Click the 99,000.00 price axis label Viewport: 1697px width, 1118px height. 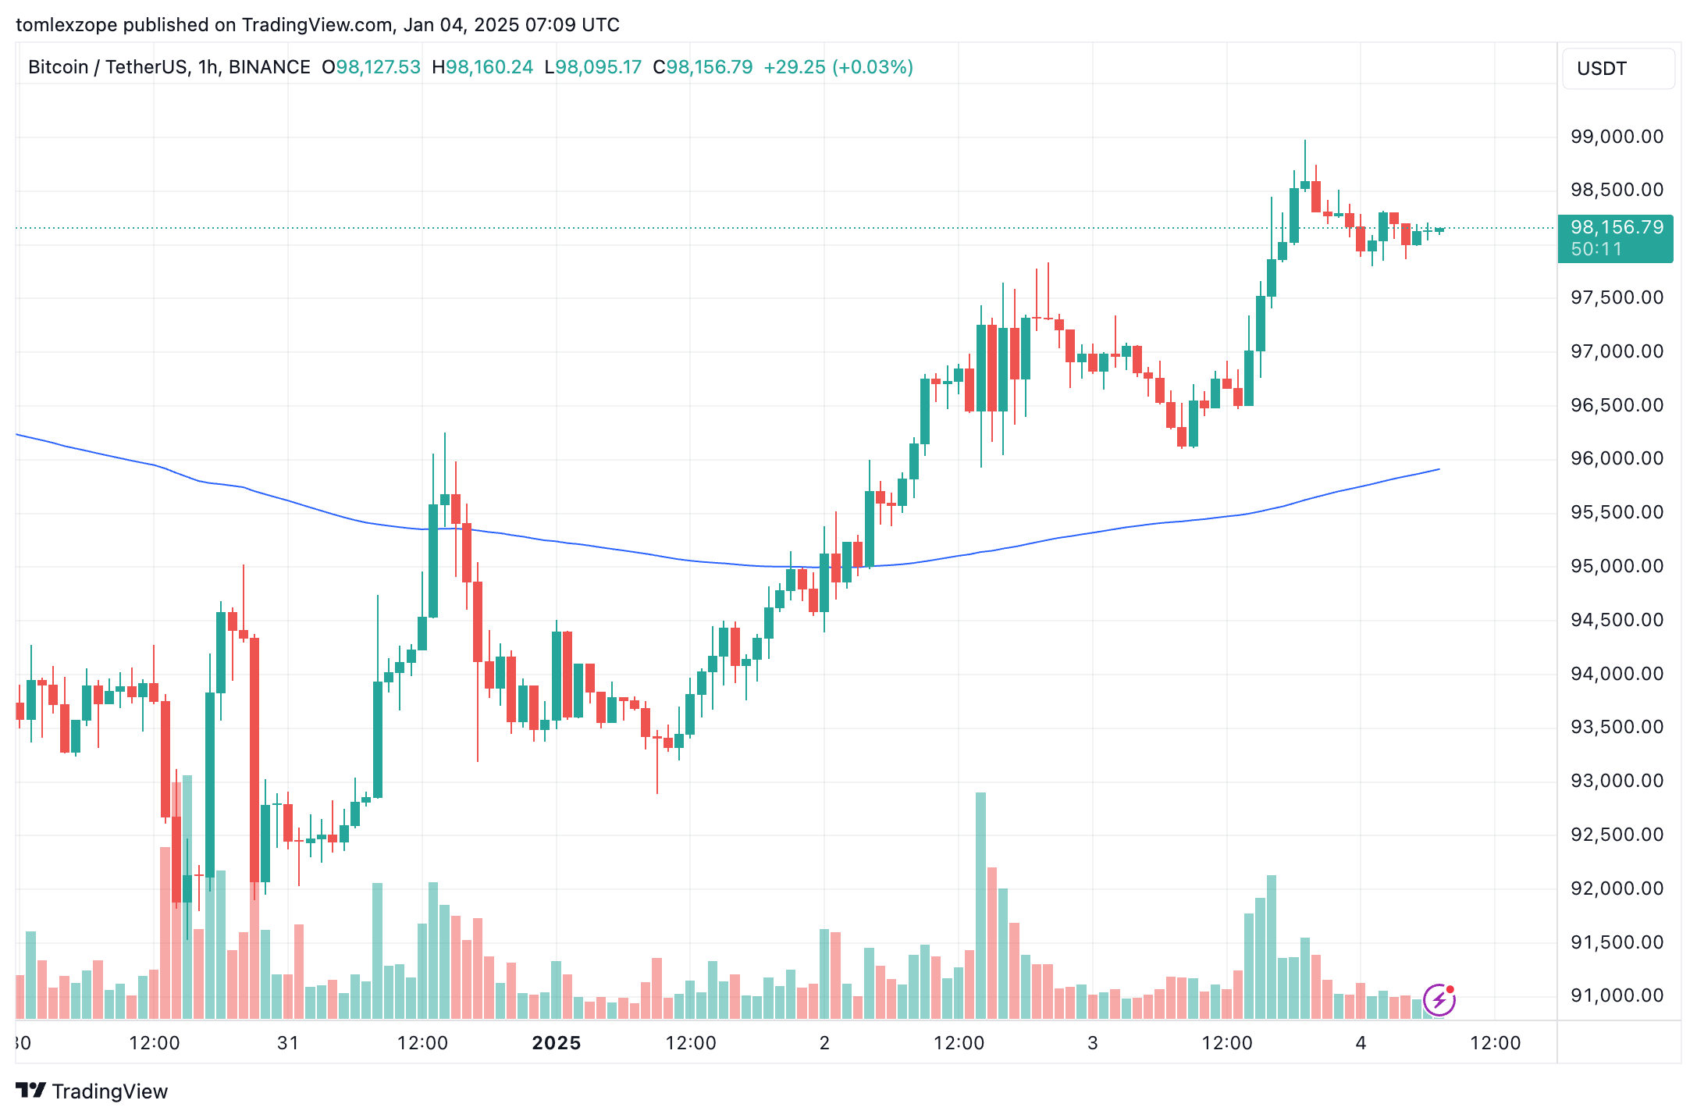click(x=1617, y=137)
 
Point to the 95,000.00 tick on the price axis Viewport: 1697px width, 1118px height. click(x=1617, y=566)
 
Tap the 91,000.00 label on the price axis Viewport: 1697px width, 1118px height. click(x=1617, y=995)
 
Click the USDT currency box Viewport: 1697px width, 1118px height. click(x=1617, y=69)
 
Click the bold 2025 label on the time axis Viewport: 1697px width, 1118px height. click(x=556, y=1043)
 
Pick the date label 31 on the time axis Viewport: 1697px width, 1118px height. click(x=288, y=1043)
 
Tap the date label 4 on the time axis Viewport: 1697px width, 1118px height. click(x=1361, y=1043)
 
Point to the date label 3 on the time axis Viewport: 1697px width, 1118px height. click(x=1092, y=1043)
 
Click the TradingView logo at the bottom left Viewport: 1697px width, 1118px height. click(x=92, y=1091)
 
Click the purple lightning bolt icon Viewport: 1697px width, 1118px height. click(x=1439, y=1000)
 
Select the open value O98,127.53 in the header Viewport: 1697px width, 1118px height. click(x=371, y=67)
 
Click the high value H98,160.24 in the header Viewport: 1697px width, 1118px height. click(x=482, y=67)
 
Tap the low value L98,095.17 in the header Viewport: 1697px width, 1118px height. click(x=593, y=67)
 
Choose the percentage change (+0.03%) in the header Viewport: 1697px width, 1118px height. click(x=873, y=67)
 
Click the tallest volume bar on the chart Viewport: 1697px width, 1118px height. click(x=980, y=906)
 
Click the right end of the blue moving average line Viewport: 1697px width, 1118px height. click(x=1438, y=470)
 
